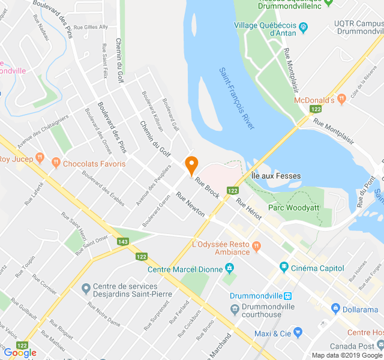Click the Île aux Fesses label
tap(275, 176)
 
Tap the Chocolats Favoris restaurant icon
tap(56, 163)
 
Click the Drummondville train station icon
tap(287, 296)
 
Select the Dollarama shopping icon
tap(335, 308)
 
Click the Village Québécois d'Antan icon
tap(303, 27)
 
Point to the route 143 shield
tap(123, 242)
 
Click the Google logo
tap(20, 353)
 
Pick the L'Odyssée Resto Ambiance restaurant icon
tap(256, 245)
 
